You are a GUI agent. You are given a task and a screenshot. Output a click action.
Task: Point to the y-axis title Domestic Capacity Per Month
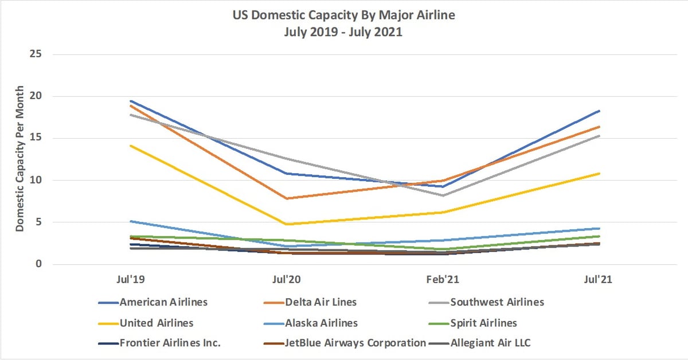pos(20,159)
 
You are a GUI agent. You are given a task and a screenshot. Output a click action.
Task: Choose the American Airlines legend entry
pos(163,302)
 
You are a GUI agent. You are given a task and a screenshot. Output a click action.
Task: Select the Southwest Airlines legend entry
pos(497,302)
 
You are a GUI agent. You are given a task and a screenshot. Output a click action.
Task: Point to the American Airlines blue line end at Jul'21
pos(599,111)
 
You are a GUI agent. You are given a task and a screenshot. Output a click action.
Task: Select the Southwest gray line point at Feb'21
pos(443,195)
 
